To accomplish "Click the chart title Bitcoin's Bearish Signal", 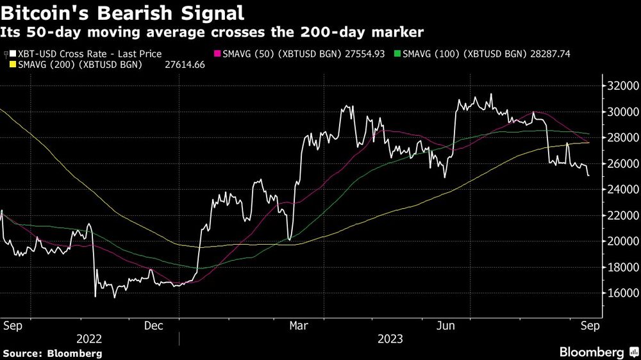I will click(x=122, y=13).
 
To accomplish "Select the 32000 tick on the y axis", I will click(x=622, y=85).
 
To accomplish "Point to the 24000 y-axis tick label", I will click(x=622, y=189).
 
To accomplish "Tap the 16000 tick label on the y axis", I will click(x=622, y=293).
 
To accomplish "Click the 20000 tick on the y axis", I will click(x=622, y=241).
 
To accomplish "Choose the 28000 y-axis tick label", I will click(x=622, y=137).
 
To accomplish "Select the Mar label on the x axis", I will click(x=298, y=325).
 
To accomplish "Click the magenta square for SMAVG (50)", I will click(x=217, y=55).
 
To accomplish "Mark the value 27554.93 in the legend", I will click(x=362, y=54).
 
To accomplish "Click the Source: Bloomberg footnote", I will click(x=53, y=353).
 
